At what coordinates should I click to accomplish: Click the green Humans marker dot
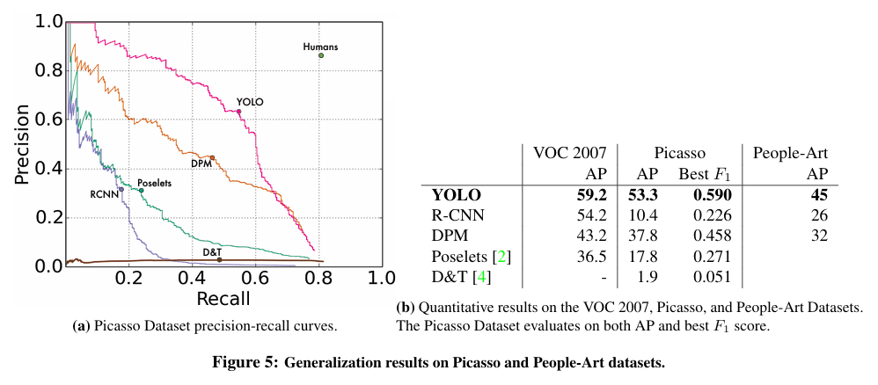click(321, 55)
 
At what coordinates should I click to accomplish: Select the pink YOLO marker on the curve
click(238, 112)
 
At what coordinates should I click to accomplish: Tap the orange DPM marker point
click(212, 158)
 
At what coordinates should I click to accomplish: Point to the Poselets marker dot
click(141, 191)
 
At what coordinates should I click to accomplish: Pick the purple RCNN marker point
click(121, 189)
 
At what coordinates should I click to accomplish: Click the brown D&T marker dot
click(220, 259)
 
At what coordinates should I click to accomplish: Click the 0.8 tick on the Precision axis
click(48, 71)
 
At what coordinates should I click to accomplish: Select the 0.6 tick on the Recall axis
click(255, 278)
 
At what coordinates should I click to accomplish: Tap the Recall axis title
click(223, 299)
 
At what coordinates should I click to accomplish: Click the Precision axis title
click(22, 144)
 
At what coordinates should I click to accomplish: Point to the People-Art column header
click(790, 153)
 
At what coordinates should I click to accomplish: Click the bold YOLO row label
click(457, 195)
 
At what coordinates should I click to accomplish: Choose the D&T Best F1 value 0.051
click(713, 277)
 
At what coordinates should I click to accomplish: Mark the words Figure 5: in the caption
click(245, 362)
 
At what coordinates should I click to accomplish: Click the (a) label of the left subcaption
click(83, 326)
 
